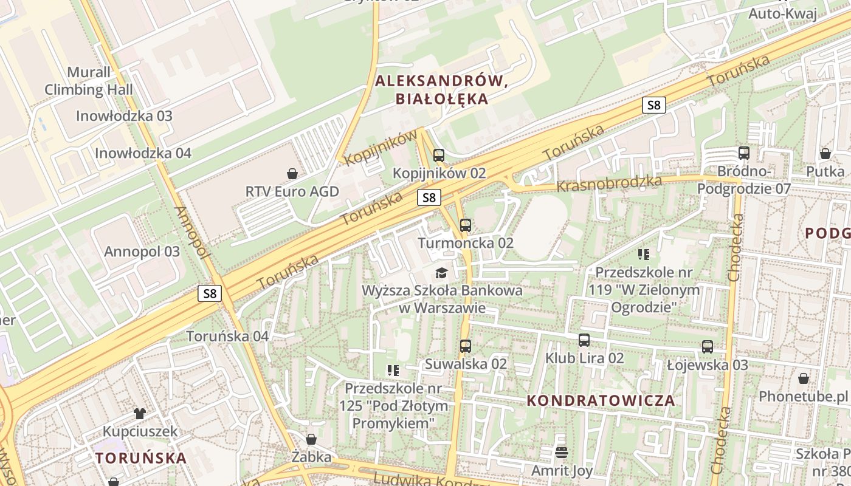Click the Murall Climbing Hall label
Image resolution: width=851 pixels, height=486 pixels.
88,81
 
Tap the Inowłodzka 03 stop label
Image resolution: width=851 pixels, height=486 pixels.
124,115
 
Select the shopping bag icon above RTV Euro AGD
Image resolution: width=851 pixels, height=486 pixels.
292,174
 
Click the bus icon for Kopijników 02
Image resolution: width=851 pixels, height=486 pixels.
439,156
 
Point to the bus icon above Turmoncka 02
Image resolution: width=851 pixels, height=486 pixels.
466,225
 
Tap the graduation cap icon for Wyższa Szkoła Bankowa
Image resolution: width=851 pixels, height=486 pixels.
441,273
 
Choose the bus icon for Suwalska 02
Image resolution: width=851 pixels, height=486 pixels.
466,346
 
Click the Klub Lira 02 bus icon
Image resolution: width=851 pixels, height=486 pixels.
584,340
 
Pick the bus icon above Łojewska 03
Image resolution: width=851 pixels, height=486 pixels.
708,347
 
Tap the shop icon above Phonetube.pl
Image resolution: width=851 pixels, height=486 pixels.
804,378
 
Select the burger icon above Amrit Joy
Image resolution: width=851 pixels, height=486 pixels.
562,452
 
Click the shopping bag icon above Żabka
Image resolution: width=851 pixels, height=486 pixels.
311,439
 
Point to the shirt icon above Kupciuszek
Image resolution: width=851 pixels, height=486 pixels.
140,414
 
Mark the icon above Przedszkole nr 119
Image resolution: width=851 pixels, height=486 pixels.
644,254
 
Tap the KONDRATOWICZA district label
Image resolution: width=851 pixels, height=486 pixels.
601,400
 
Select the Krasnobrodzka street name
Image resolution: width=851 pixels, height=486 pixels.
609,183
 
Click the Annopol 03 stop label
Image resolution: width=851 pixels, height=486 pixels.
142,252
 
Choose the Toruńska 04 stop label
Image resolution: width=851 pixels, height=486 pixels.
227,336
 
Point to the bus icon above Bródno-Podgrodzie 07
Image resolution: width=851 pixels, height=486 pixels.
744,153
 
